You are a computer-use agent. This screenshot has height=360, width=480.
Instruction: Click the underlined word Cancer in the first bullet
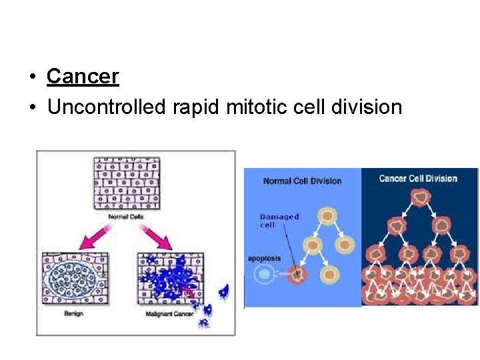pos(83,77)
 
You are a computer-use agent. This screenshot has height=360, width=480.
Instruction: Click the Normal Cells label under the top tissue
pos(125,216)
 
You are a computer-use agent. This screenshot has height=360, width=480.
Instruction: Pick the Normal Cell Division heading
pos(302,181)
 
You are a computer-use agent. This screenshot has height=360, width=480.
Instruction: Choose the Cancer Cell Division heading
pos(418,179)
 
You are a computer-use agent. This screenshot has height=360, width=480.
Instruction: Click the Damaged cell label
pos(279,221)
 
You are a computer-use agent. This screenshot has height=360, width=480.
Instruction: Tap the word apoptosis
pos(265,258)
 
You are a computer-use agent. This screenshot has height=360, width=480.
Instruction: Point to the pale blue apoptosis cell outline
pos(265,273)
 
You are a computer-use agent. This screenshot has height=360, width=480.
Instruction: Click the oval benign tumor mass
pos(73,279)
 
